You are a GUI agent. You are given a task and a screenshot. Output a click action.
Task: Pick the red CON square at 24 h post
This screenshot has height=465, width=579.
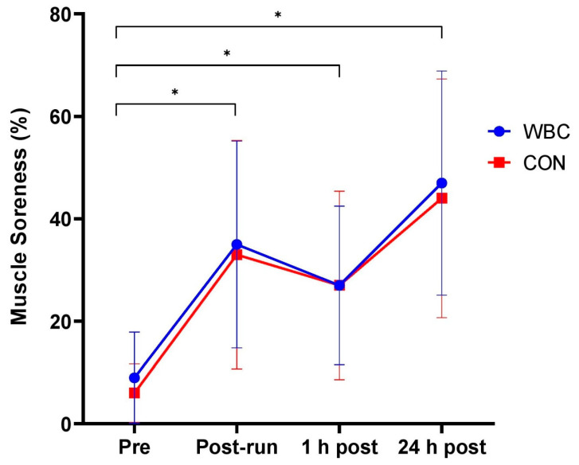click(442, 197)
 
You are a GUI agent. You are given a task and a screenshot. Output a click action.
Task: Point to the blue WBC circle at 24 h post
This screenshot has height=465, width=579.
click(442, 183)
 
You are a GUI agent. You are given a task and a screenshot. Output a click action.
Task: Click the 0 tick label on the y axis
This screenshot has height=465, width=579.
click(77, 424)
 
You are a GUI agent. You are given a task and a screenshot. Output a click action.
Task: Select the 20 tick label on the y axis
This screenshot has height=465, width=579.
click(72, 322)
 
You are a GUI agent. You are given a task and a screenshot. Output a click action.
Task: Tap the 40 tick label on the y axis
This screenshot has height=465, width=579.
click(72, 219)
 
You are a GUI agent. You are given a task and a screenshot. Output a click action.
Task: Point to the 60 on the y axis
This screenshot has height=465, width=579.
click(72, 116)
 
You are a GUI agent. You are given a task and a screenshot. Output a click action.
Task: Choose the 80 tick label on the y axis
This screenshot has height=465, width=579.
click(72, 14)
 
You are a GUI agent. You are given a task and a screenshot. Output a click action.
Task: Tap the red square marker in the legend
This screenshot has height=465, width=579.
click(499, 162)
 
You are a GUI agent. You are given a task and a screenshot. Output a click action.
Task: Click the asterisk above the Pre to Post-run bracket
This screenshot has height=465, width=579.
click(175, 92)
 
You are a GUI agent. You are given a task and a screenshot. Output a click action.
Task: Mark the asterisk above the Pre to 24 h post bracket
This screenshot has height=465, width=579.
click(278, 15)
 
